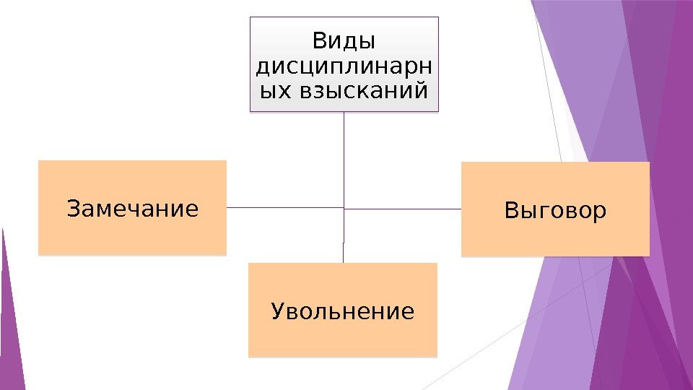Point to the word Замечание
pyautogui.click(x=132, y=209)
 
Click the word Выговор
pyautogui.click(x=555, y=211)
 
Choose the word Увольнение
pyautogui.click(x=343, y=312)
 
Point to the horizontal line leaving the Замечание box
pyautogui.click(x=282, y=207)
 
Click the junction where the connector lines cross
pyautogui.click(x=344, y=208)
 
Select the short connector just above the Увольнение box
pyautogui.click(x=343, y=253)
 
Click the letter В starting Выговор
pyautogui.click(x=511, y=211)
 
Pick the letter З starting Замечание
pyautogui.click(x=72, y=209)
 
